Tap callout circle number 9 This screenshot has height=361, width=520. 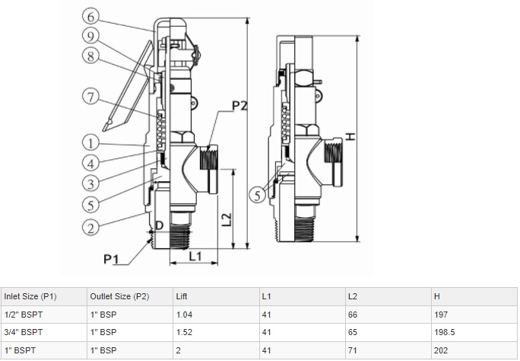pos(90,35)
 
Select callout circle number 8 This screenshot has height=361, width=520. pos(90,55)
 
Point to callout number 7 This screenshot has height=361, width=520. pos(90,97)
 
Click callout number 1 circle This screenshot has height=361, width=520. pos(90,142)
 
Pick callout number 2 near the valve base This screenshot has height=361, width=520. pos(90,225)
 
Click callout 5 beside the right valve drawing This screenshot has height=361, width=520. pos(258,196)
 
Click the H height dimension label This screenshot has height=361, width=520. pos(350,136)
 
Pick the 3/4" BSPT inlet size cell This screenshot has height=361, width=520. pos(24,332)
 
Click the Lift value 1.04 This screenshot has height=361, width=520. pos(183,314)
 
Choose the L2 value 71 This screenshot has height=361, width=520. pos(352,350)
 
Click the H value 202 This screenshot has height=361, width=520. pos(440,350)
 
